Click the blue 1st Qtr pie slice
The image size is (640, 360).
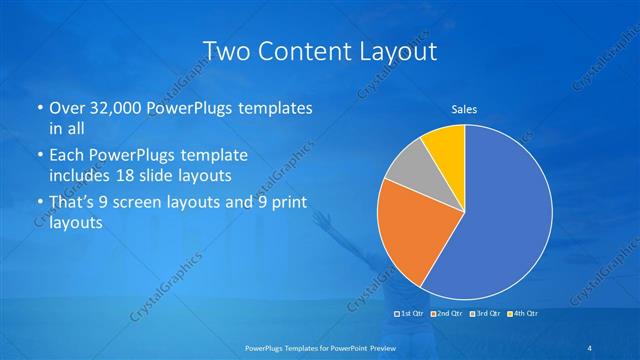(x=500, y=220)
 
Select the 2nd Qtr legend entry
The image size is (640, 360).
(x=447, y=314)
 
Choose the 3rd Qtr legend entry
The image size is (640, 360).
(x=484, y=314)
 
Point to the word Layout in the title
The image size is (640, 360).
(x=396, y=51)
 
